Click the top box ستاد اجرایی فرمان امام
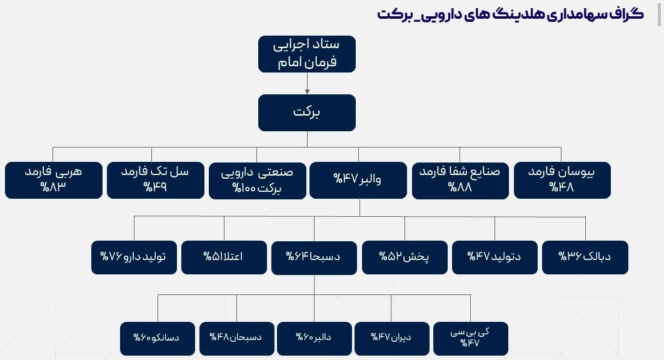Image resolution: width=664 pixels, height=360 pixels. click(307, 54)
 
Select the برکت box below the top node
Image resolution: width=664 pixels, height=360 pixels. click(307, 112)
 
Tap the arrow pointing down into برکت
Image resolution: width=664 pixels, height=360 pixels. click(307, 83)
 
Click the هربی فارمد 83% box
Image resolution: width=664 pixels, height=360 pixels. click(54, 180)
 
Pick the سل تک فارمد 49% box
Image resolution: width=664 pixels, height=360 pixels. click(156, 180)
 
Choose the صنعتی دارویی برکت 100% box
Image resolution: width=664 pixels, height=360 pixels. click(258, 181)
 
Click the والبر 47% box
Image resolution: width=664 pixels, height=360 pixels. click(358, 180)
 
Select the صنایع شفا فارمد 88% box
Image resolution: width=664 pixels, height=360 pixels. click(460, 181)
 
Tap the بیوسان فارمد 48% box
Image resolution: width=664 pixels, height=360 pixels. click(562, 180)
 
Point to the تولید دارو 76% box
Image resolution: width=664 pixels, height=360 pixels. click(134, 257)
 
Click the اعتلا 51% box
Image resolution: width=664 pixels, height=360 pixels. click(224, 257)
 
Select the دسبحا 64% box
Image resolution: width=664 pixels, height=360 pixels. click(314, 257)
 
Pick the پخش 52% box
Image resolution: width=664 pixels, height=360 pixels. click(405, 257)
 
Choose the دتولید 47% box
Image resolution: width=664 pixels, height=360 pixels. click(495, 257)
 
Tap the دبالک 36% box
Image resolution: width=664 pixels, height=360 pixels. click(585, 257)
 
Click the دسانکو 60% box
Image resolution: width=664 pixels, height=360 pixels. click(158, 338)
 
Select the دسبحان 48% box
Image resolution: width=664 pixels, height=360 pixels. click(237, 338)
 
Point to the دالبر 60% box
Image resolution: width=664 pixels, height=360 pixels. click(314, 338)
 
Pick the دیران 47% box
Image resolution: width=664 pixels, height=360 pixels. click(391, 338)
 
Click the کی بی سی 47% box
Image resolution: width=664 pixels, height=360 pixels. click(470, 338)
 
